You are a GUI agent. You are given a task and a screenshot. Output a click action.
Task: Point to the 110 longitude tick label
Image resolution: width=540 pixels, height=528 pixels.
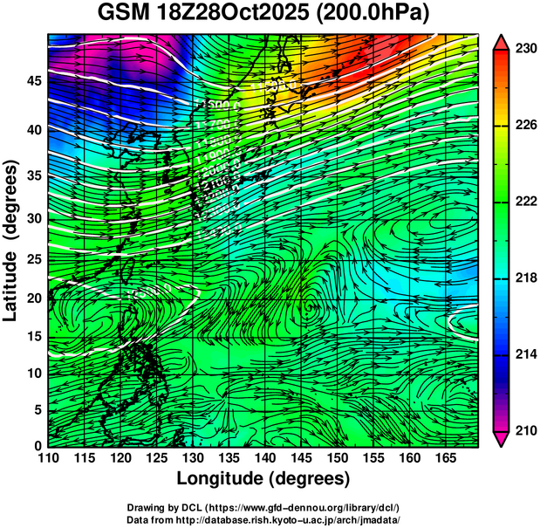48,457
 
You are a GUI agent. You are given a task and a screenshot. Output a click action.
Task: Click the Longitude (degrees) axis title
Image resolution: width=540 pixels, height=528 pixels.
263,479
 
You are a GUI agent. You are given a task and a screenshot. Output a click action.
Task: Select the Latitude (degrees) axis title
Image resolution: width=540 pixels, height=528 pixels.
11,240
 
